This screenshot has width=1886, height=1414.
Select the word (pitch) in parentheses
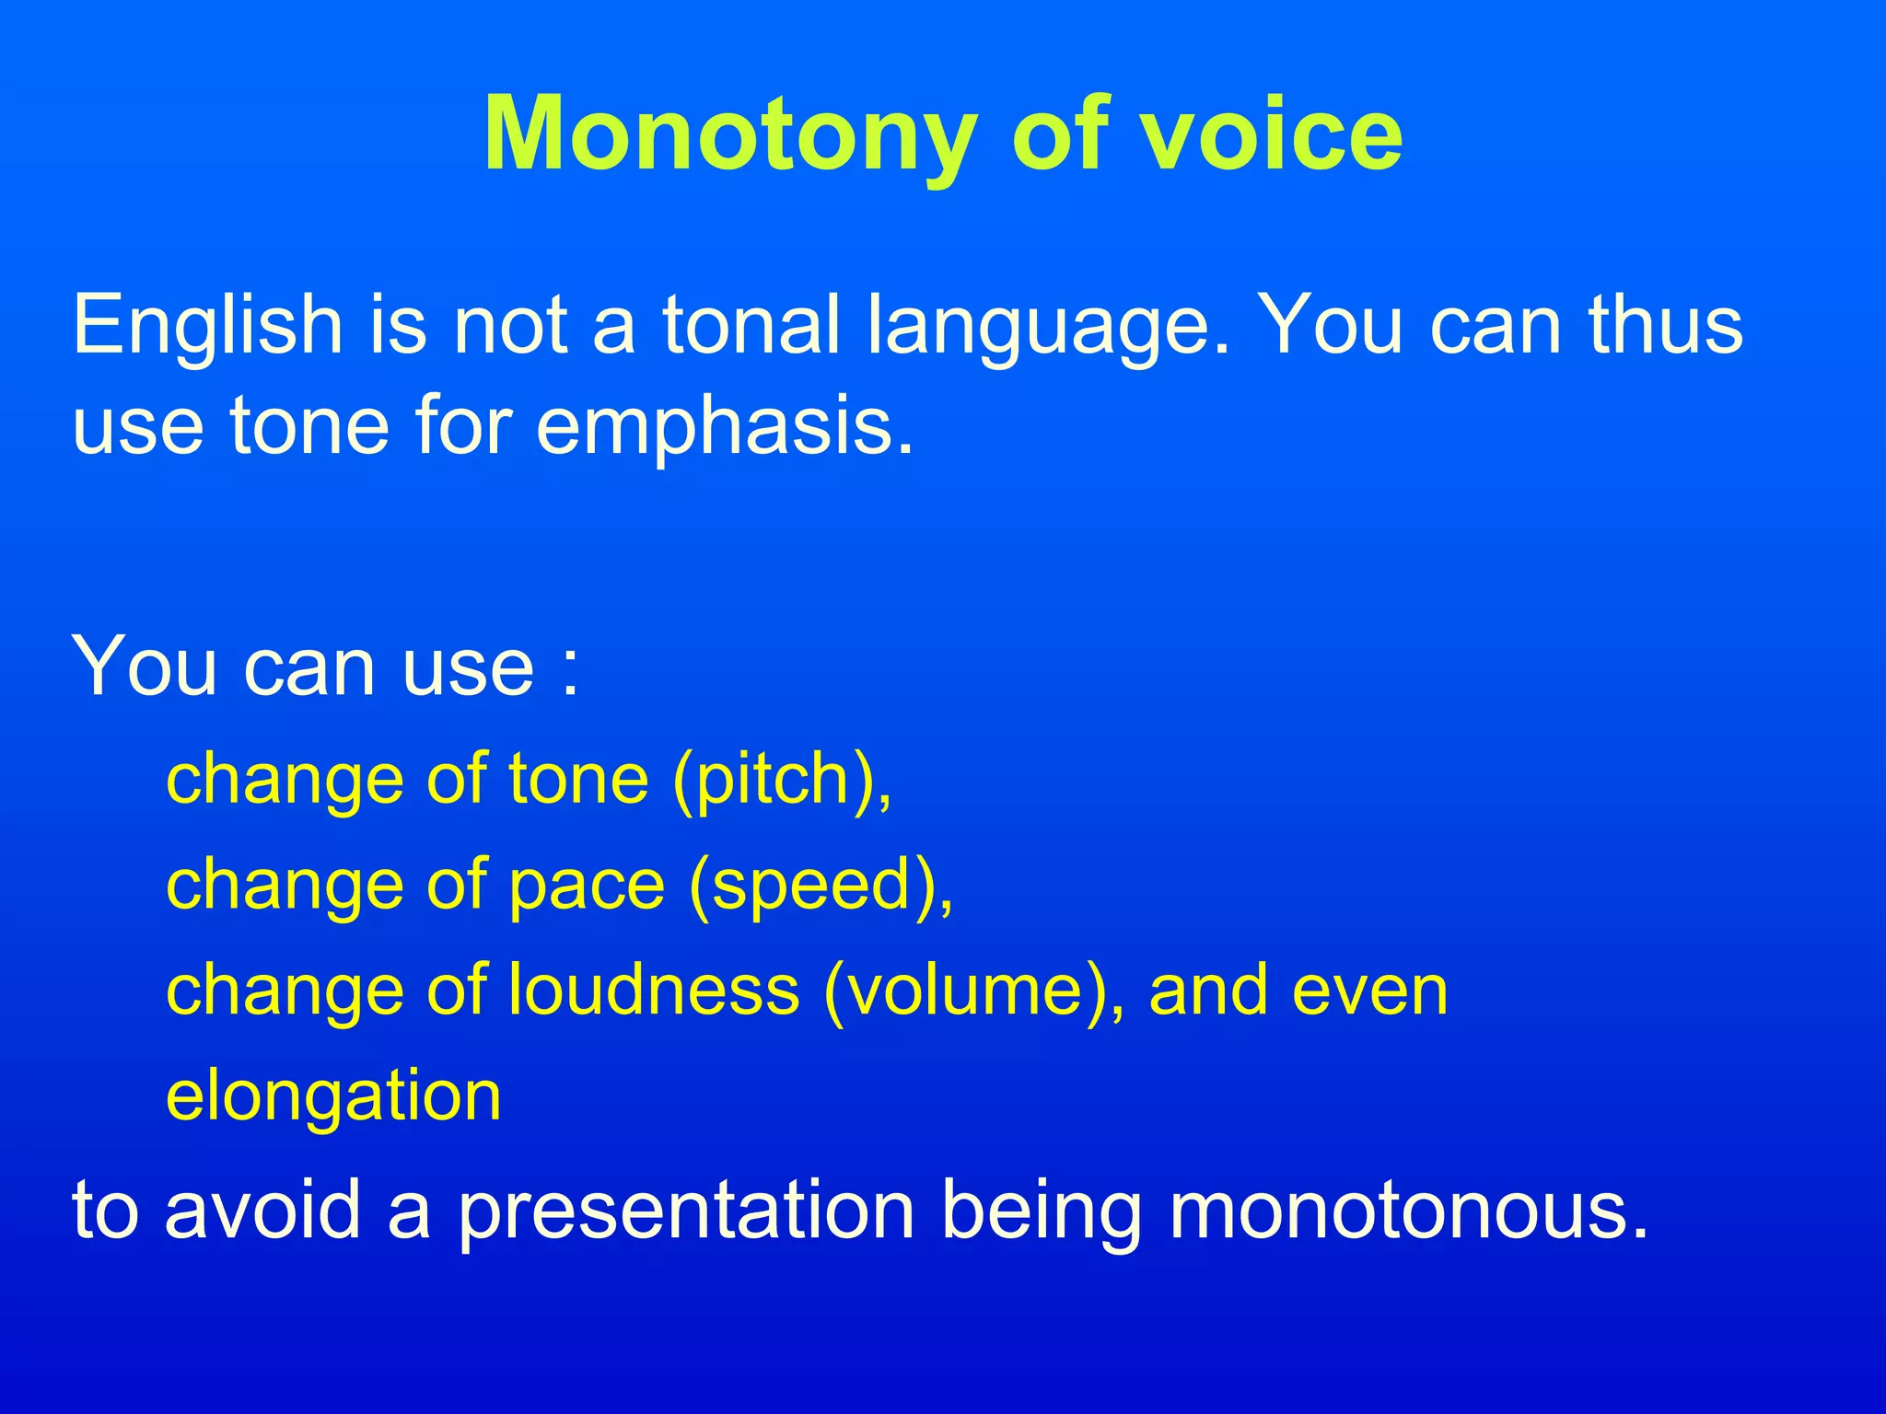pos(782,782)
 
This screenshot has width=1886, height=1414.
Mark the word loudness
pos(654,991)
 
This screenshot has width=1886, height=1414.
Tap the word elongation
pos(333,1098)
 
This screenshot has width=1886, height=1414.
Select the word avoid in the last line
pos(262,1210)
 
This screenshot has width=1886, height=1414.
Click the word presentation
pos(686,1211)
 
